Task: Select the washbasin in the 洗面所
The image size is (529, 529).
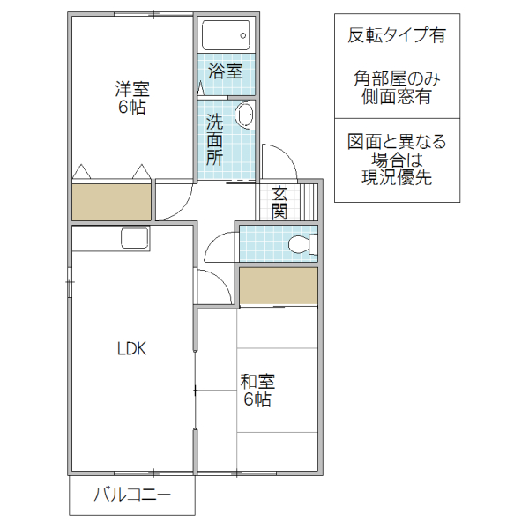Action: click(x=246, y=115)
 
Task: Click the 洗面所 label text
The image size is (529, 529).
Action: click(x=215, y=139)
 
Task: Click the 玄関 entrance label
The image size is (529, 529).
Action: click(x=279, y=202)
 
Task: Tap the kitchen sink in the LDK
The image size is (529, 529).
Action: click(x=134, y=238)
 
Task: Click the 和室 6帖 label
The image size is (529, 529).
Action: click(x=257, y=391)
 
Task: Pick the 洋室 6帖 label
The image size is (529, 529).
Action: click(x=132, y=98)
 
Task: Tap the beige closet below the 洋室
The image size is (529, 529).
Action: click(x=111, y=202)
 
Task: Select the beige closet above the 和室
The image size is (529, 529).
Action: click(x=278, y=287)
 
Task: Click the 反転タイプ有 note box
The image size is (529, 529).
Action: click(x=397, y=36)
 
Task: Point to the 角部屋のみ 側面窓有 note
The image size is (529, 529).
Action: click(x=397, y=88)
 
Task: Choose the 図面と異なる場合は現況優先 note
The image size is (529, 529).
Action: click(x=397, y=160)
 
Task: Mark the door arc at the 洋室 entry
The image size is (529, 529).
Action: click(x=175, y=205)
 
